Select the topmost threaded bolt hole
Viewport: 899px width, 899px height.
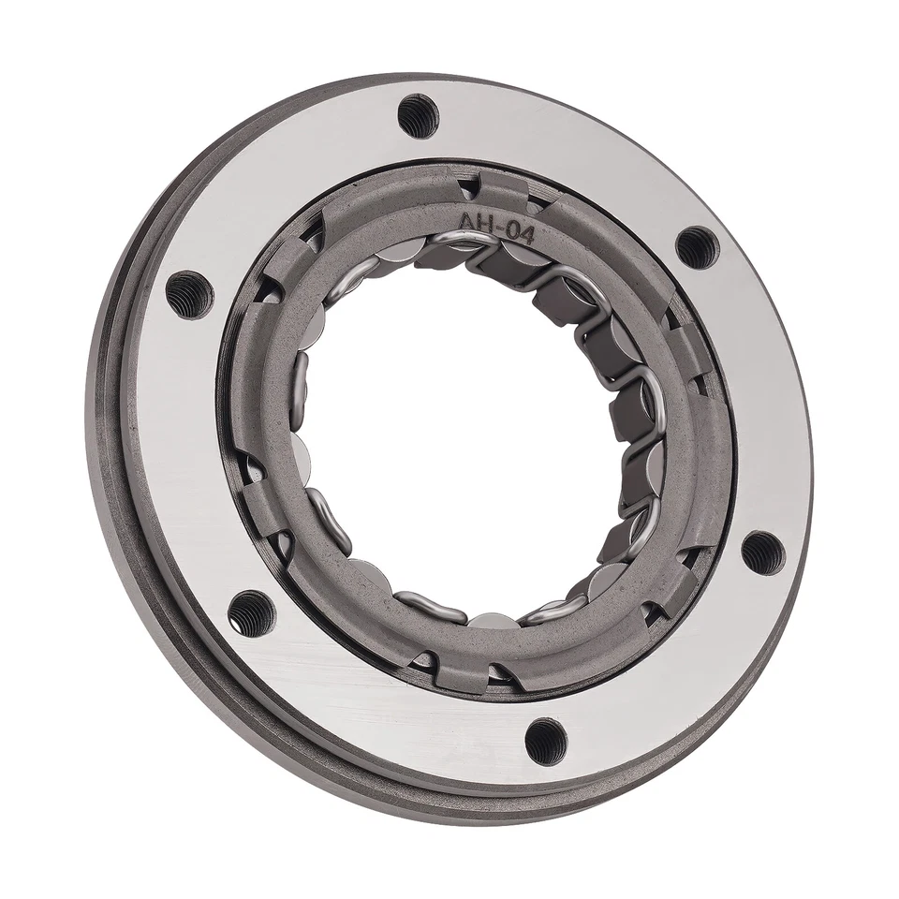pos(418,114)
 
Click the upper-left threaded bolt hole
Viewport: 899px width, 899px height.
pos(187,293)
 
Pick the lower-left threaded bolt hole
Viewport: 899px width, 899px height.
pos(251,612)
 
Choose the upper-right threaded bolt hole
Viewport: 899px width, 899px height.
pos(697,246)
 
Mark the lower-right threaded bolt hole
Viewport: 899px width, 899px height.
pos(762,552)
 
